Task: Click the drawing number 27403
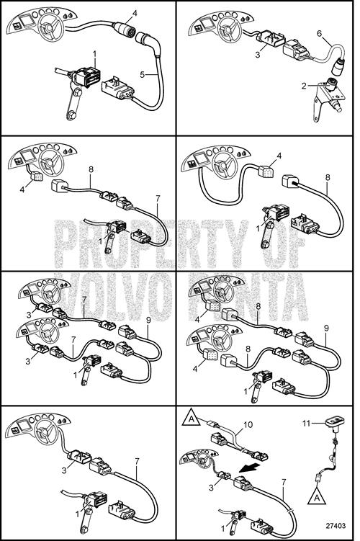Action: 336,525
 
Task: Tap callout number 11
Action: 306,423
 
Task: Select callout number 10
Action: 248,424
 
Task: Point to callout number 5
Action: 142,74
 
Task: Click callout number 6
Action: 319,33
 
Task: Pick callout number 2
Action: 303,86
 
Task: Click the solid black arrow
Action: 250,468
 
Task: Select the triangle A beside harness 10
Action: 192,417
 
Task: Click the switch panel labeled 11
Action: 334,421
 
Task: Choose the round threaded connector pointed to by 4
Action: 122,27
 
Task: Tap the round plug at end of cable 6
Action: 338,66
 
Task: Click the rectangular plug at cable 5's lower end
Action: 118,89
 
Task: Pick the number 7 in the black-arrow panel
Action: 284,483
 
